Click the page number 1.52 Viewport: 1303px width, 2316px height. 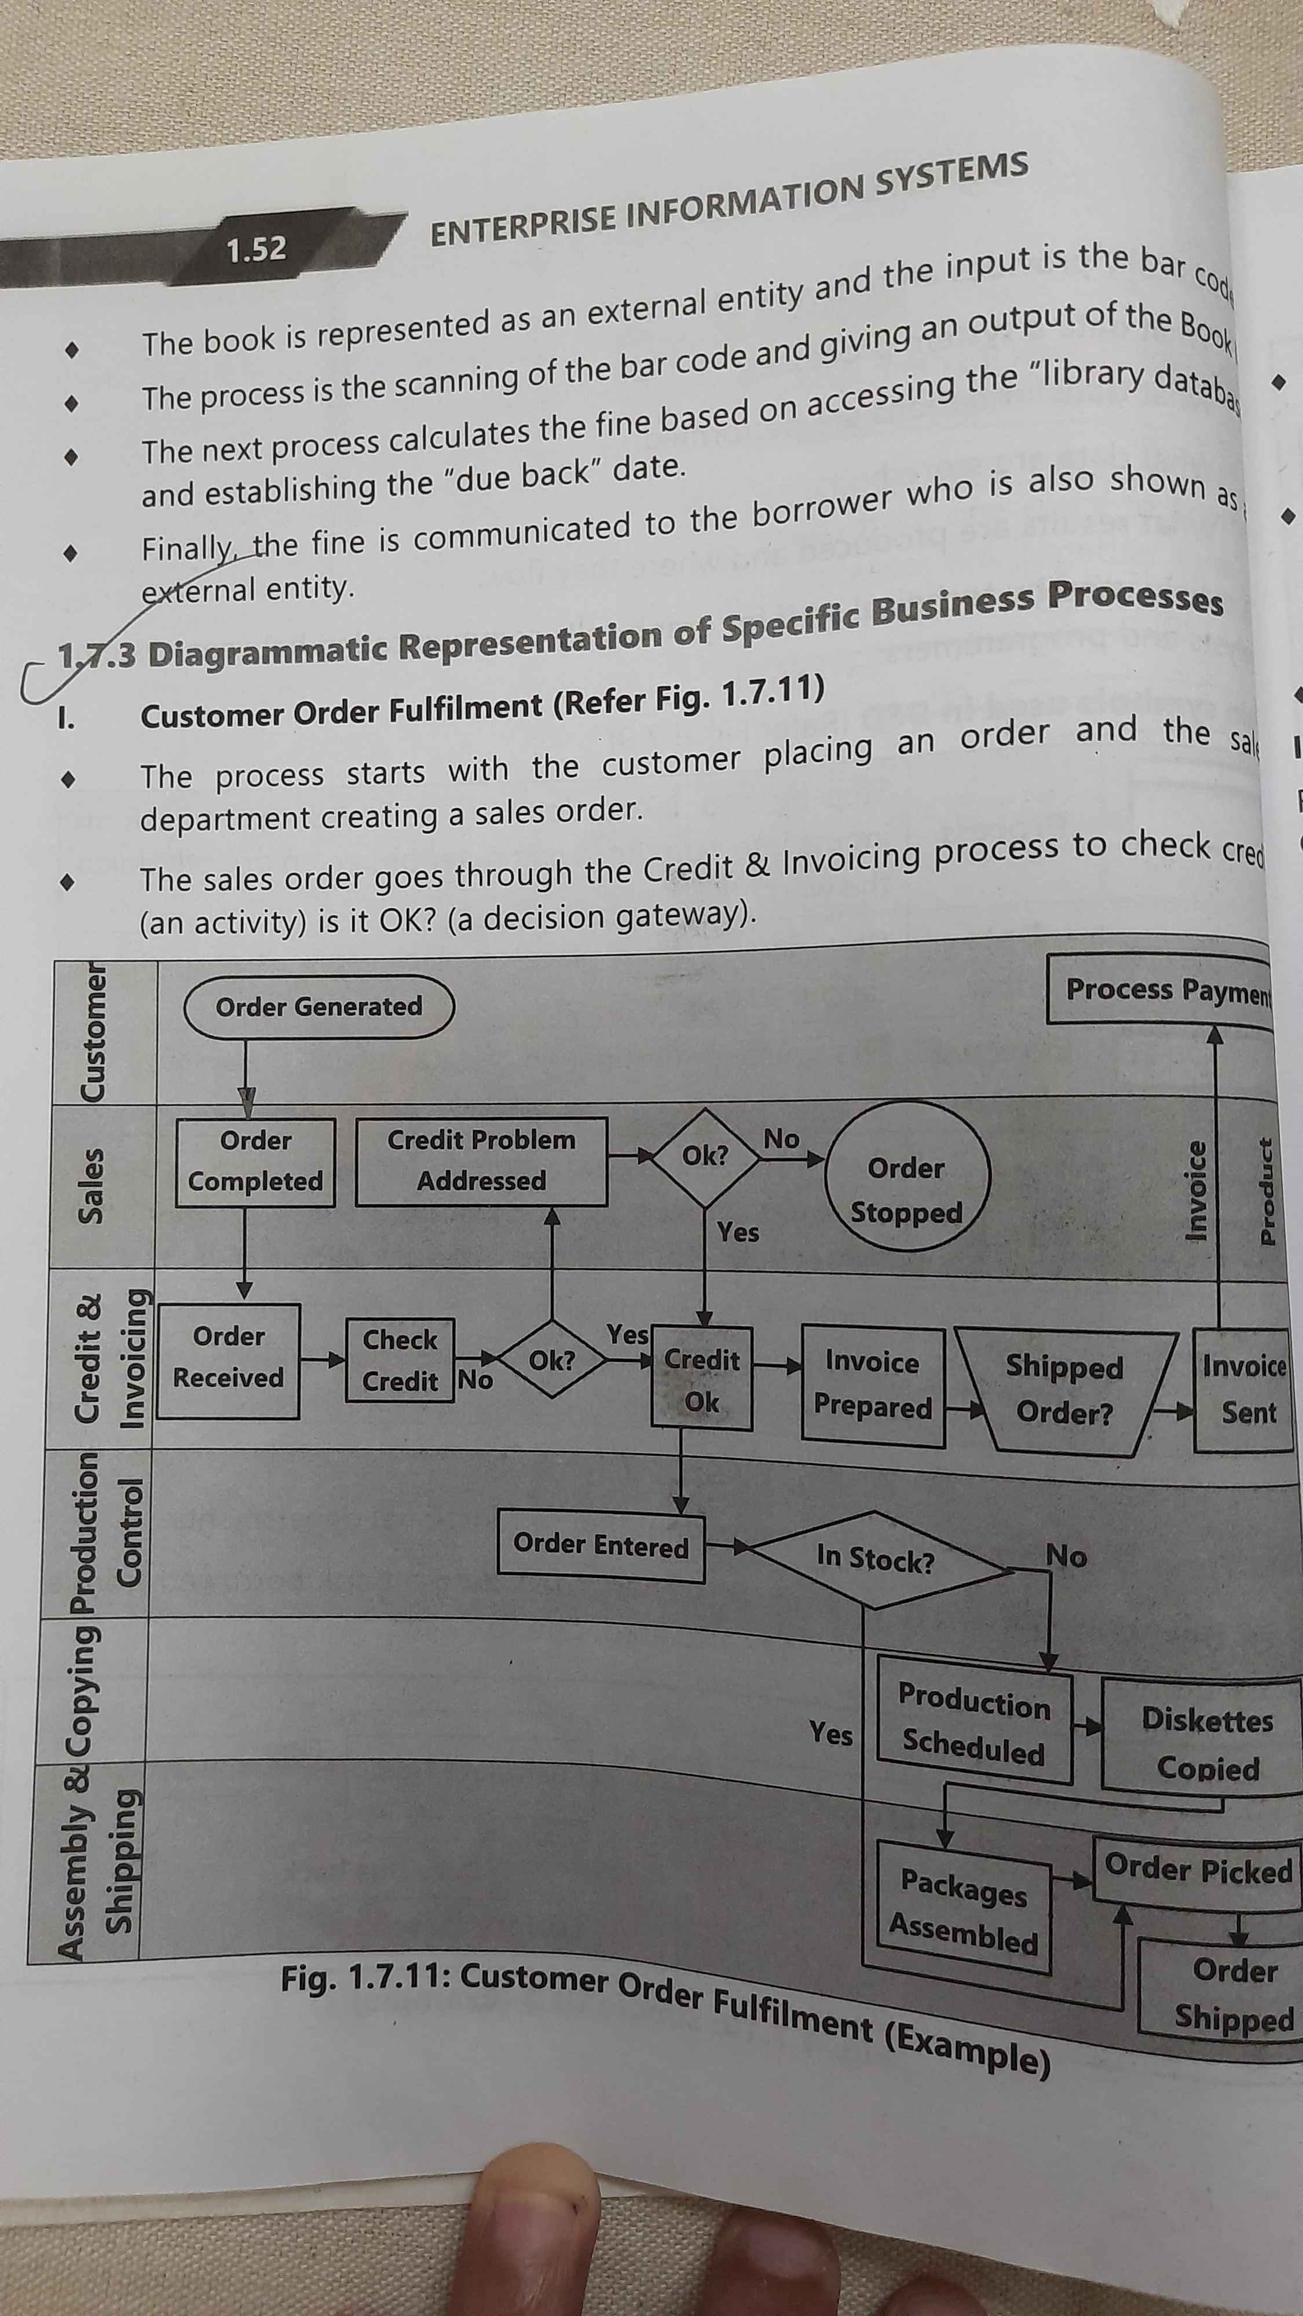tap(257, 249)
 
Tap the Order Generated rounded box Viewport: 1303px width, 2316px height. tap(319, 1007)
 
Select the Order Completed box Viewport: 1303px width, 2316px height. tap(255, 1161)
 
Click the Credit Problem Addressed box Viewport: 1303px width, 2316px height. tap(481, 1161)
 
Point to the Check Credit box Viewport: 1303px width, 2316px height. tap(400, 1360)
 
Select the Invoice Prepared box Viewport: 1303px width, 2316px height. tap(872, 1386)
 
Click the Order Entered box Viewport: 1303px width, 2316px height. tap(601, 1545)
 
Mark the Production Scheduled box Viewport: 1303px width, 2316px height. tap(974, 1724)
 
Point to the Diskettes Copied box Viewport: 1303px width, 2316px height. tap(1206, 1744)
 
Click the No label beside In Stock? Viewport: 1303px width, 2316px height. tap(1066, 1555)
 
